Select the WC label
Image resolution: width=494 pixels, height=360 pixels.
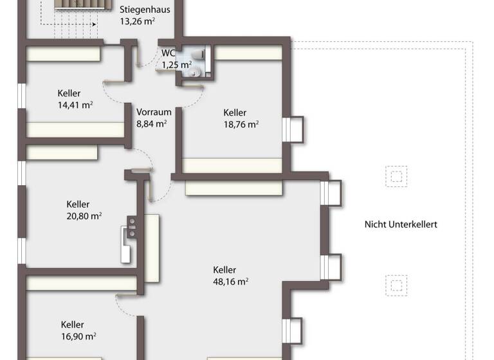[x=169, y=53]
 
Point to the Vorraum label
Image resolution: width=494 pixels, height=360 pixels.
[x=154, y=112]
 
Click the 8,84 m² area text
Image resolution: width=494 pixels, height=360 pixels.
[x=152, y=123]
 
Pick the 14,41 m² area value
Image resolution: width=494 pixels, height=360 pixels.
[x=75, y=104]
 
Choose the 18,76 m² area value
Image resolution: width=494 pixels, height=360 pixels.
[x=241, y=124]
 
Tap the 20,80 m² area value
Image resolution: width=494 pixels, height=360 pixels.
[x=84, y=217]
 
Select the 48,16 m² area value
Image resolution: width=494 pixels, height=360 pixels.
[x=231, y=281]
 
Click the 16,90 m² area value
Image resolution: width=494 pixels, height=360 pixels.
[x=78, y=336]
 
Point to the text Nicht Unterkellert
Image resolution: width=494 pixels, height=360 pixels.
[x=401, y=224]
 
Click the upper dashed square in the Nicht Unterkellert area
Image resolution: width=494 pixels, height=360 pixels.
[x=396, y=175]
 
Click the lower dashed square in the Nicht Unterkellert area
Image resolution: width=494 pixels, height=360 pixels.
[x=396, y=283]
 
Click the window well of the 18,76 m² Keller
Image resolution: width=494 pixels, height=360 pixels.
[x=295, y=129]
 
